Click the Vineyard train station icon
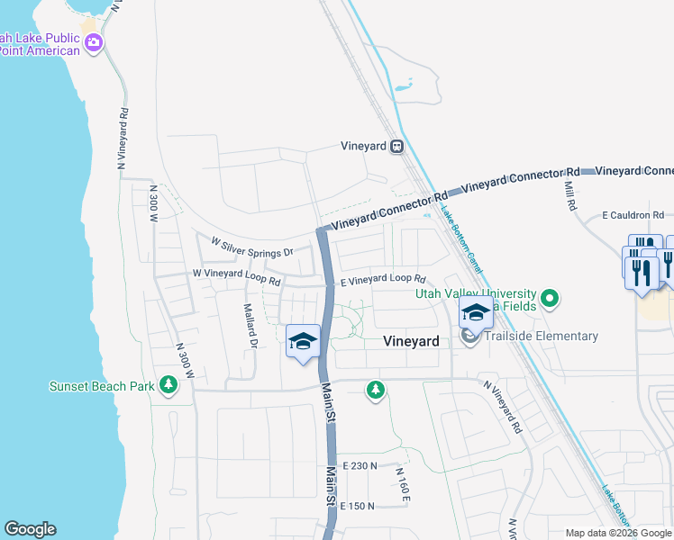click(x=396, y=146)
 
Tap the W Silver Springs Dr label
click(x=252, y=247)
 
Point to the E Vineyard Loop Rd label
click(x=382, y=280)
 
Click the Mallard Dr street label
click(x=250, y=325)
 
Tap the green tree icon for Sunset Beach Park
click(x=168, y=386)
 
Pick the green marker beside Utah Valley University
click(x=551, y=296)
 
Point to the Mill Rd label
click(x=569, y=195)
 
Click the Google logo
click(x=30, y=529)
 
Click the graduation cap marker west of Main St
click(x=304, y=343)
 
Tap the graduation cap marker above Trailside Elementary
click(x=476, y=314)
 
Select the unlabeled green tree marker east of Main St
click(x=375, y=391)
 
